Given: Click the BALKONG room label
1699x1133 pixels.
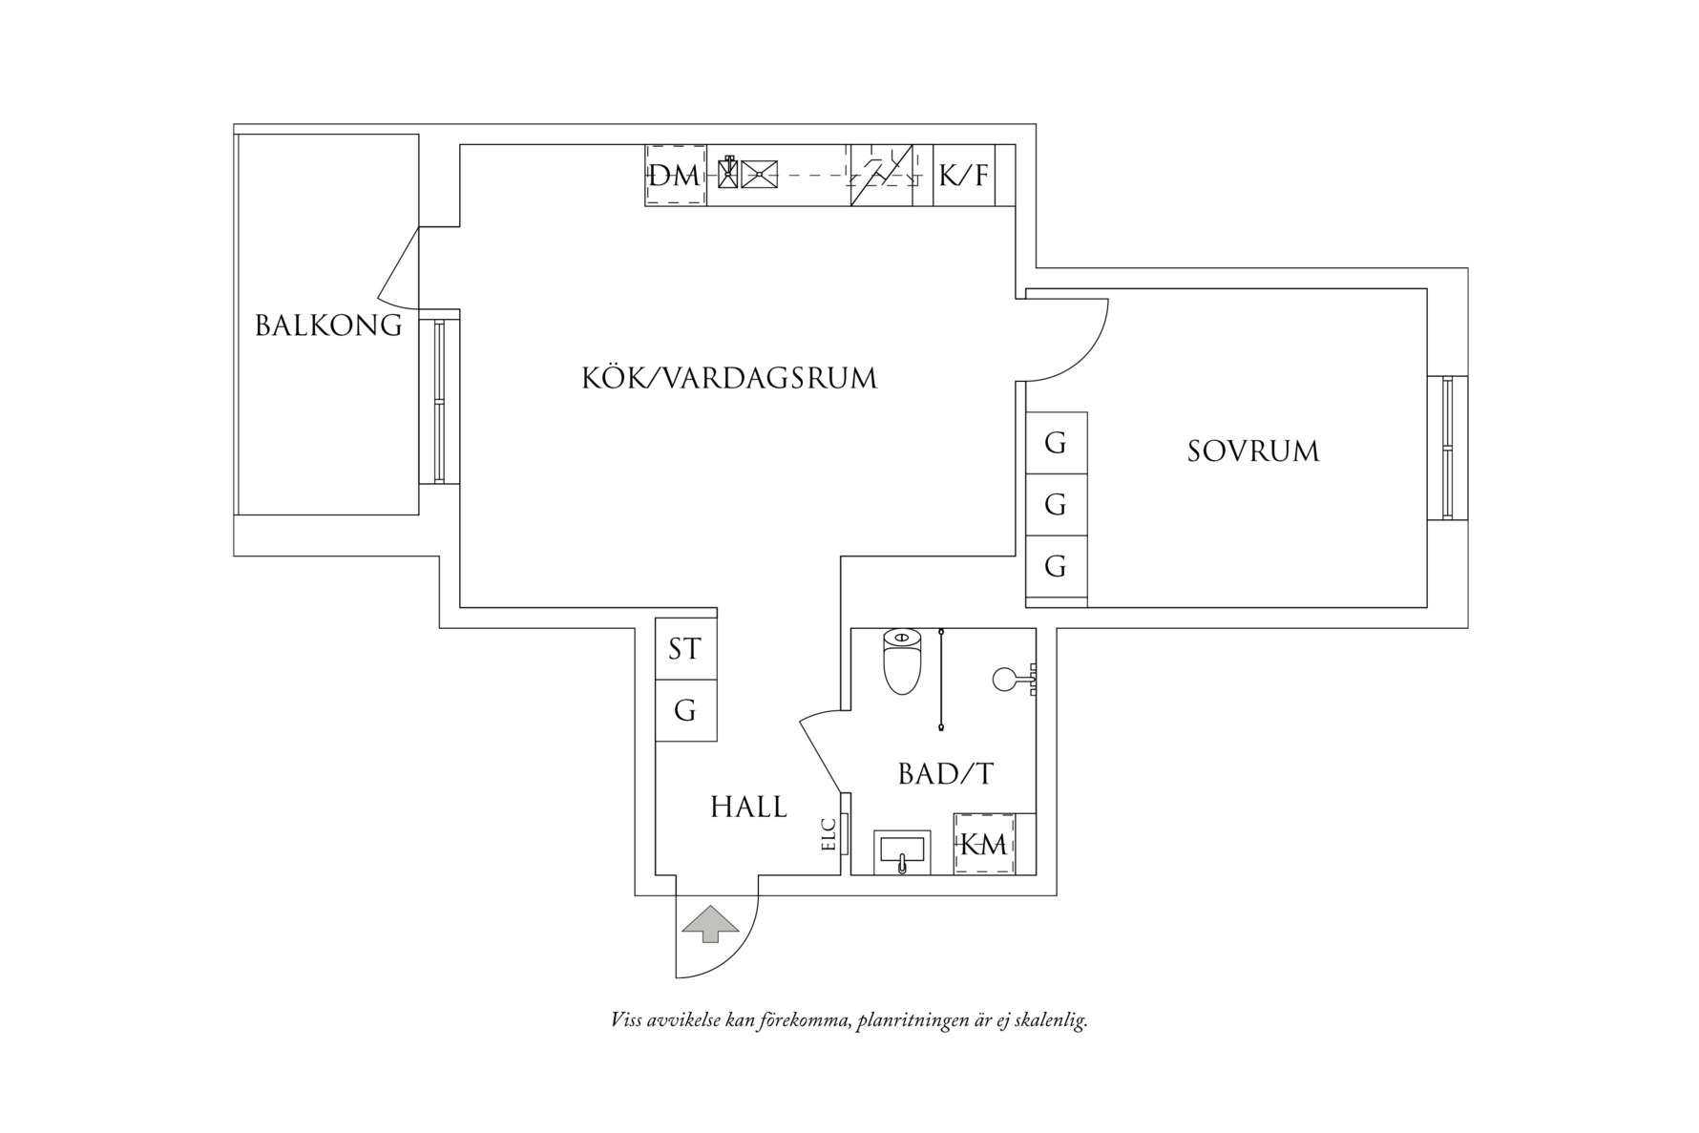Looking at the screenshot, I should [x=328, y=325].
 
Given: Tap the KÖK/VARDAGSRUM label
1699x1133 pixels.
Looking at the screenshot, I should [x=729, y=378].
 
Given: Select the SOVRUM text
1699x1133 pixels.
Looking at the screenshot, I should [x=1252, y=451].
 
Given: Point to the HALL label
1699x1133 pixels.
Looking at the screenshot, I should [x=748, y=808].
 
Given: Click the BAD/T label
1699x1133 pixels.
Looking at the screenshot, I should [x=945, y=774].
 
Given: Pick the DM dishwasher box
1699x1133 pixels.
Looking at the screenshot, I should [x=675, y=176].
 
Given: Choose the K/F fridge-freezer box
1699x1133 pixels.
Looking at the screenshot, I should [x=963, y=176].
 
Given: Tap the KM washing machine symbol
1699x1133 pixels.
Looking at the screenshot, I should [x=984, y=845].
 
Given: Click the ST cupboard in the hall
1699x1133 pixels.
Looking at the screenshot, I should [x=685, y=649].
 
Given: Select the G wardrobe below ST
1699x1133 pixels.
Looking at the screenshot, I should [x=685, y=711].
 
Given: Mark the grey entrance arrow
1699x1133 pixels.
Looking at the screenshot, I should [x=708, y=924].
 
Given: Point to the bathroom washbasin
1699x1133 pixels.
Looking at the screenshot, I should [x=901, y=852].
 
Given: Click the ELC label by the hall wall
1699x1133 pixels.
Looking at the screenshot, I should [x=829, y=835].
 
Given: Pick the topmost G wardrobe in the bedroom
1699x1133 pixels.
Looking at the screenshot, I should [x=1056, y=443].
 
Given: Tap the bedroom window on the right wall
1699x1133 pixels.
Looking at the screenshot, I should [x=1447, y=448].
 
